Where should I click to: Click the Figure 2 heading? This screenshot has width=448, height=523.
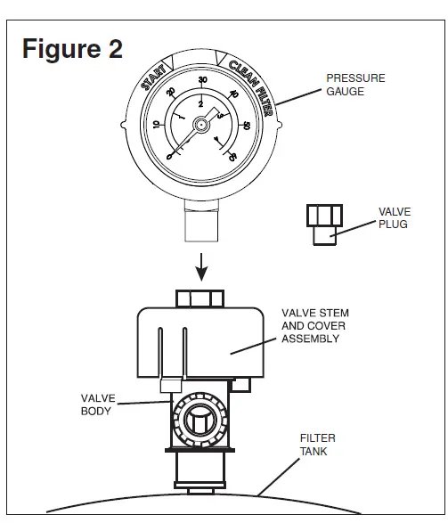pyautogui.click(x=72, y=49)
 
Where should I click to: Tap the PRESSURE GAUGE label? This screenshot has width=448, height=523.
pyautogui.click(x=355, y=85)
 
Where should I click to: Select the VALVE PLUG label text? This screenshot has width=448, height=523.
pyautogui.click(x=395, y=217)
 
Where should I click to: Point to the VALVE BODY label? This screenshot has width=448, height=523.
pyautogui.click(x=98, y=405)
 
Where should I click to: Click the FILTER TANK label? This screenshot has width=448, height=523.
pyautogui.click(x=317, y=445)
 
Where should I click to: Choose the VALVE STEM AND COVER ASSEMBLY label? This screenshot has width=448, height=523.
pyautogui.click(x=315, y=326)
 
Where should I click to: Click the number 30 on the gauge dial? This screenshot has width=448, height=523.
pyautogui.click(x=203, y=79)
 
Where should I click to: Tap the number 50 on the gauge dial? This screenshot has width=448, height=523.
pyautogui.click(x=247, y=126)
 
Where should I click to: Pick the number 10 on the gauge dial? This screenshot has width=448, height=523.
pyautogui.click(x=156, y=125)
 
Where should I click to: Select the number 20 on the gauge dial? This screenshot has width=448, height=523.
pyautogui.click(x=171, y=92)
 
